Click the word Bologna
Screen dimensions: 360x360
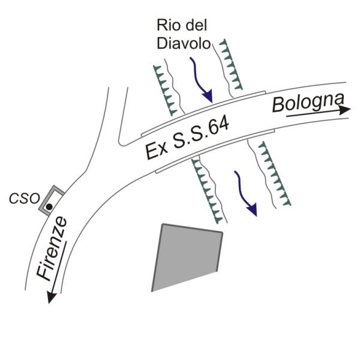point(308,103)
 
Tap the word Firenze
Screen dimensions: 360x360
point(52,248)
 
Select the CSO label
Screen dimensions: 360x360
point(25,199)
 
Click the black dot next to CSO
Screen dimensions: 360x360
point(49,207)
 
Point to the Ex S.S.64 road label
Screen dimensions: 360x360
point(187,138)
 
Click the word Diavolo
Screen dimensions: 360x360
point(184,43)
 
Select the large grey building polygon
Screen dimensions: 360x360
point(187,257)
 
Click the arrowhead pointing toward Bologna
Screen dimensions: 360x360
point(345,110)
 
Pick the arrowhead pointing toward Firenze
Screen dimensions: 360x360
point(51,298)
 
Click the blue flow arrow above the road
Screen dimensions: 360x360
point(201,80)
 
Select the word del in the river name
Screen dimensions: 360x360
point(196,25)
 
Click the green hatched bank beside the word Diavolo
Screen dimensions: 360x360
point(231,65)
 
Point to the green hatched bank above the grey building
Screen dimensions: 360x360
point(207,190)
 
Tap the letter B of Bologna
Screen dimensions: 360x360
point(278,105)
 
